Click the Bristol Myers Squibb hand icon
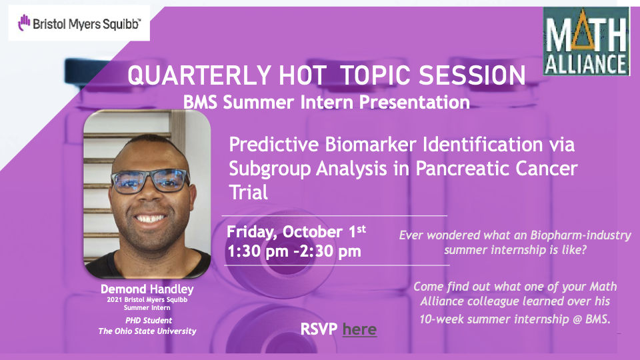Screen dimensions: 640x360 [x=24, y=23]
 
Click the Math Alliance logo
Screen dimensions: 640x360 [x=586, y=41]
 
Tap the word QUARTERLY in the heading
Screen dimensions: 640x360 [x=199, y=75]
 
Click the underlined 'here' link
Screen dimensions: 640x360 [x=359, y=329]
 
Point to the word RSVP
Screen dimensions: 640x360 [x=319, y=329]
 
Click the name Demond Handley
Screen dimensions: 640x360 [x=147, y=289]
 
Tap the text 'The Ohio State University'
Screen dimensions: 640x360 [x=147, y=331]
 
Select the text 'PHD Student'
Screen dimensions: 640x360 [x=149, y=321]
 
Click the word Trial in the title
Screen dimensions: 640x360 [x=248, y=192]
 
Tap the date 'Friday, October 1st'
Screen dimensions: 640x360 [x=296, y=232]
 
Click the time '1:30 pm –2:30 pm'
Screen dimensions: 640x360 [x=294, y=251]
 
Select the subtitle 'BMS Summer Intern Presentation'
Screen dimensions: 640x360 [x=326, y=102]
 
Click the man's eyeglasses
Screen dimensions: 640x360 [x=150, y=181]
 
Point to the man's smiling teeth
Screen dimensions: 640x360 [x=151, y=219]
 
